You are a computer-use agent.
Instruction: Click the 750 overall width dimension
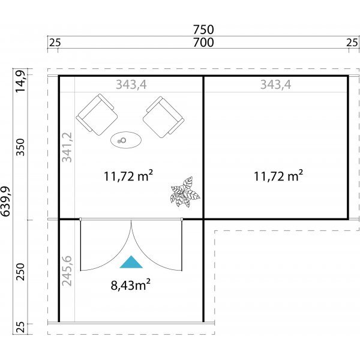pyautogui.click(x=204, y=29)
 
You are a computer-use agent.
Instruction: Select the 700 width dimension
pyautogui.click(x=204, y=43)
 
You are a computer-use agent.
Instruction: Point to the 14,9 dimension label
pyautogui.click(x=20, y=81)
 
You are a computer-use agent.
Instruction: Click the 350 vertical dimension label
pyautogui.click(x=20, y=148)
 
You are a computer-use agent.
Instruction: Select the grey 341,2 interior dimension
pyautogui.click(x=67, y=148)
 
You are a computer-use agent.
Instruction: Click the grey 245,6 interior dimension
pyautogui.click(x=67, y=271)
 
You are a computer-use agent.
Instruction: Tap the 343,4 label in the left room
pyautogui.click(x=131, y=85)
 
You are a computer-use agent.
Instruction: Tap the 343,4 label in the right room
pyautogui.click(x=275, y=85)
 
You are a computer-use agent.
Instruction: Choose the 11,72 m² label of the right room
pyautogui.click(x=278, y=176)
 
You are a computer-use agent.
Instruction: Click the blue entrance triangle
pyautogui.click(x=131, y=262)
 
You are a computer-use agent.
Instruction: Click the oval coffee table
pyautogui.click(x=127, y=140)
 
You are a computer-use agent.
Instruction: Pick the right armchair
pyautogui.click(x=163, y=115)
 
